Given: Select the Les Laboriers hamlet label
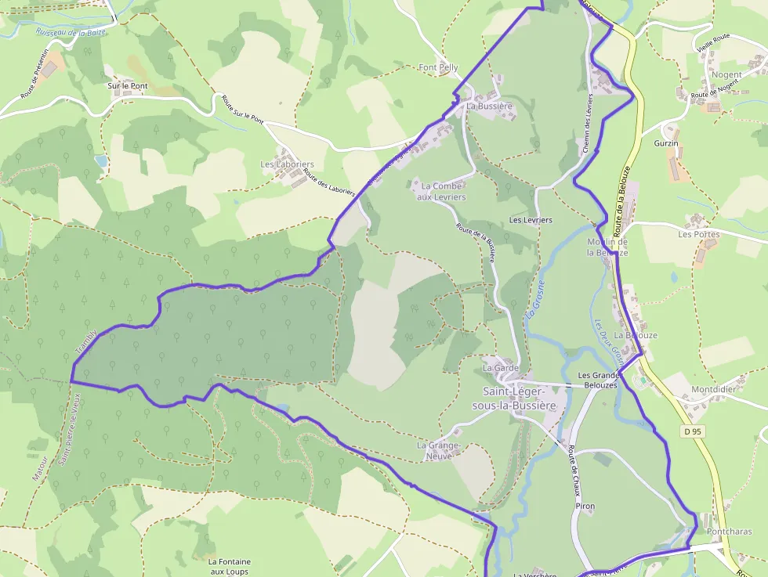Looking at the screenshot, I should point(287,164).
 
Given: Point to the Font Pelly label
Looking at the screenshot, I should point(439,68).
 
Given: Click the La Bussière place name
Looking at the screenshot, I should point(489,106).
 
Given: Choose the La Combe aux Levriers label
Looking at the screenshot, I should point(443,192).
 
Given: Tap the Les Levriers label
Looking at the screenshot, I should point(531,220).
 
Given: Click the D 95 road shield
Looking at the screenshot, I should point(690,431).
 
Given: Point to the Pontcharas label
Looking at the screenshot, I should point(729,532).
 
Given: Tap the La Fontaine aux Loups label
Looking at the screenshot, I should point(230,566).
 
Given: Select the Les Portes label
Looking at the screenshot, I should point(698,234).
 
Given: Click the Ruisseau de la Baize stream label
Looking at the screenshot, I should point(71,33).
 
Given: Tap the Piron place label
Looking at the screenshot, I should point(585,507).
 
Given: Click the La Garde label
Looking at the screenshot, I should point(501,367).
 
